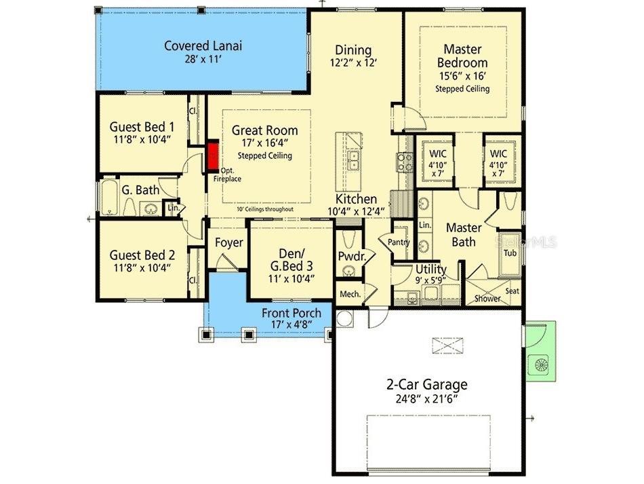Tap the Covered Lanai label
pyautogui.click(x=203, y=46)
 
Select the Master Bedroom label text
pyautogui.click(x=462, y=56)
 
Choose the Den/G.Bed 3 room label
pyautogui.click(x=291, y=261)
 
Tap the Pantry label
pyautogui.click(x=397, y=242)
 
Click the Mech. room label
pyautogui.click(x=349, y=294)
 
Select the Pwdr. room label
pyautogui.click(x=351, y=256)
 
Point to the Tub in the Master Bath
pyautogui.click(x=510, y=253)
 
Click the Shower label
pyautogui.click(x=487, y=299)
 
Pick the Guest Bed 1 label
pyautogui.click(x=142, y=126)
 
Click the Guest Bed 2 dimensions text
pyautogui.click(x=142, y=267)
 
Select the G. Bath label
pyautogui.click(x=140, y=190)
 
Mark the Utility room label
pyautogui.click(x=430, y=269)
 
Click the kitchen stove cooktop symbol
pyautogui.click(x=405, y=161)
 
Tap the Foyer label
pyautogui.click(x=229, y=243)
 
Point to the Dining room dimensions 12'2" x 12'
pyautogui.click(x=353, y=62)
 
